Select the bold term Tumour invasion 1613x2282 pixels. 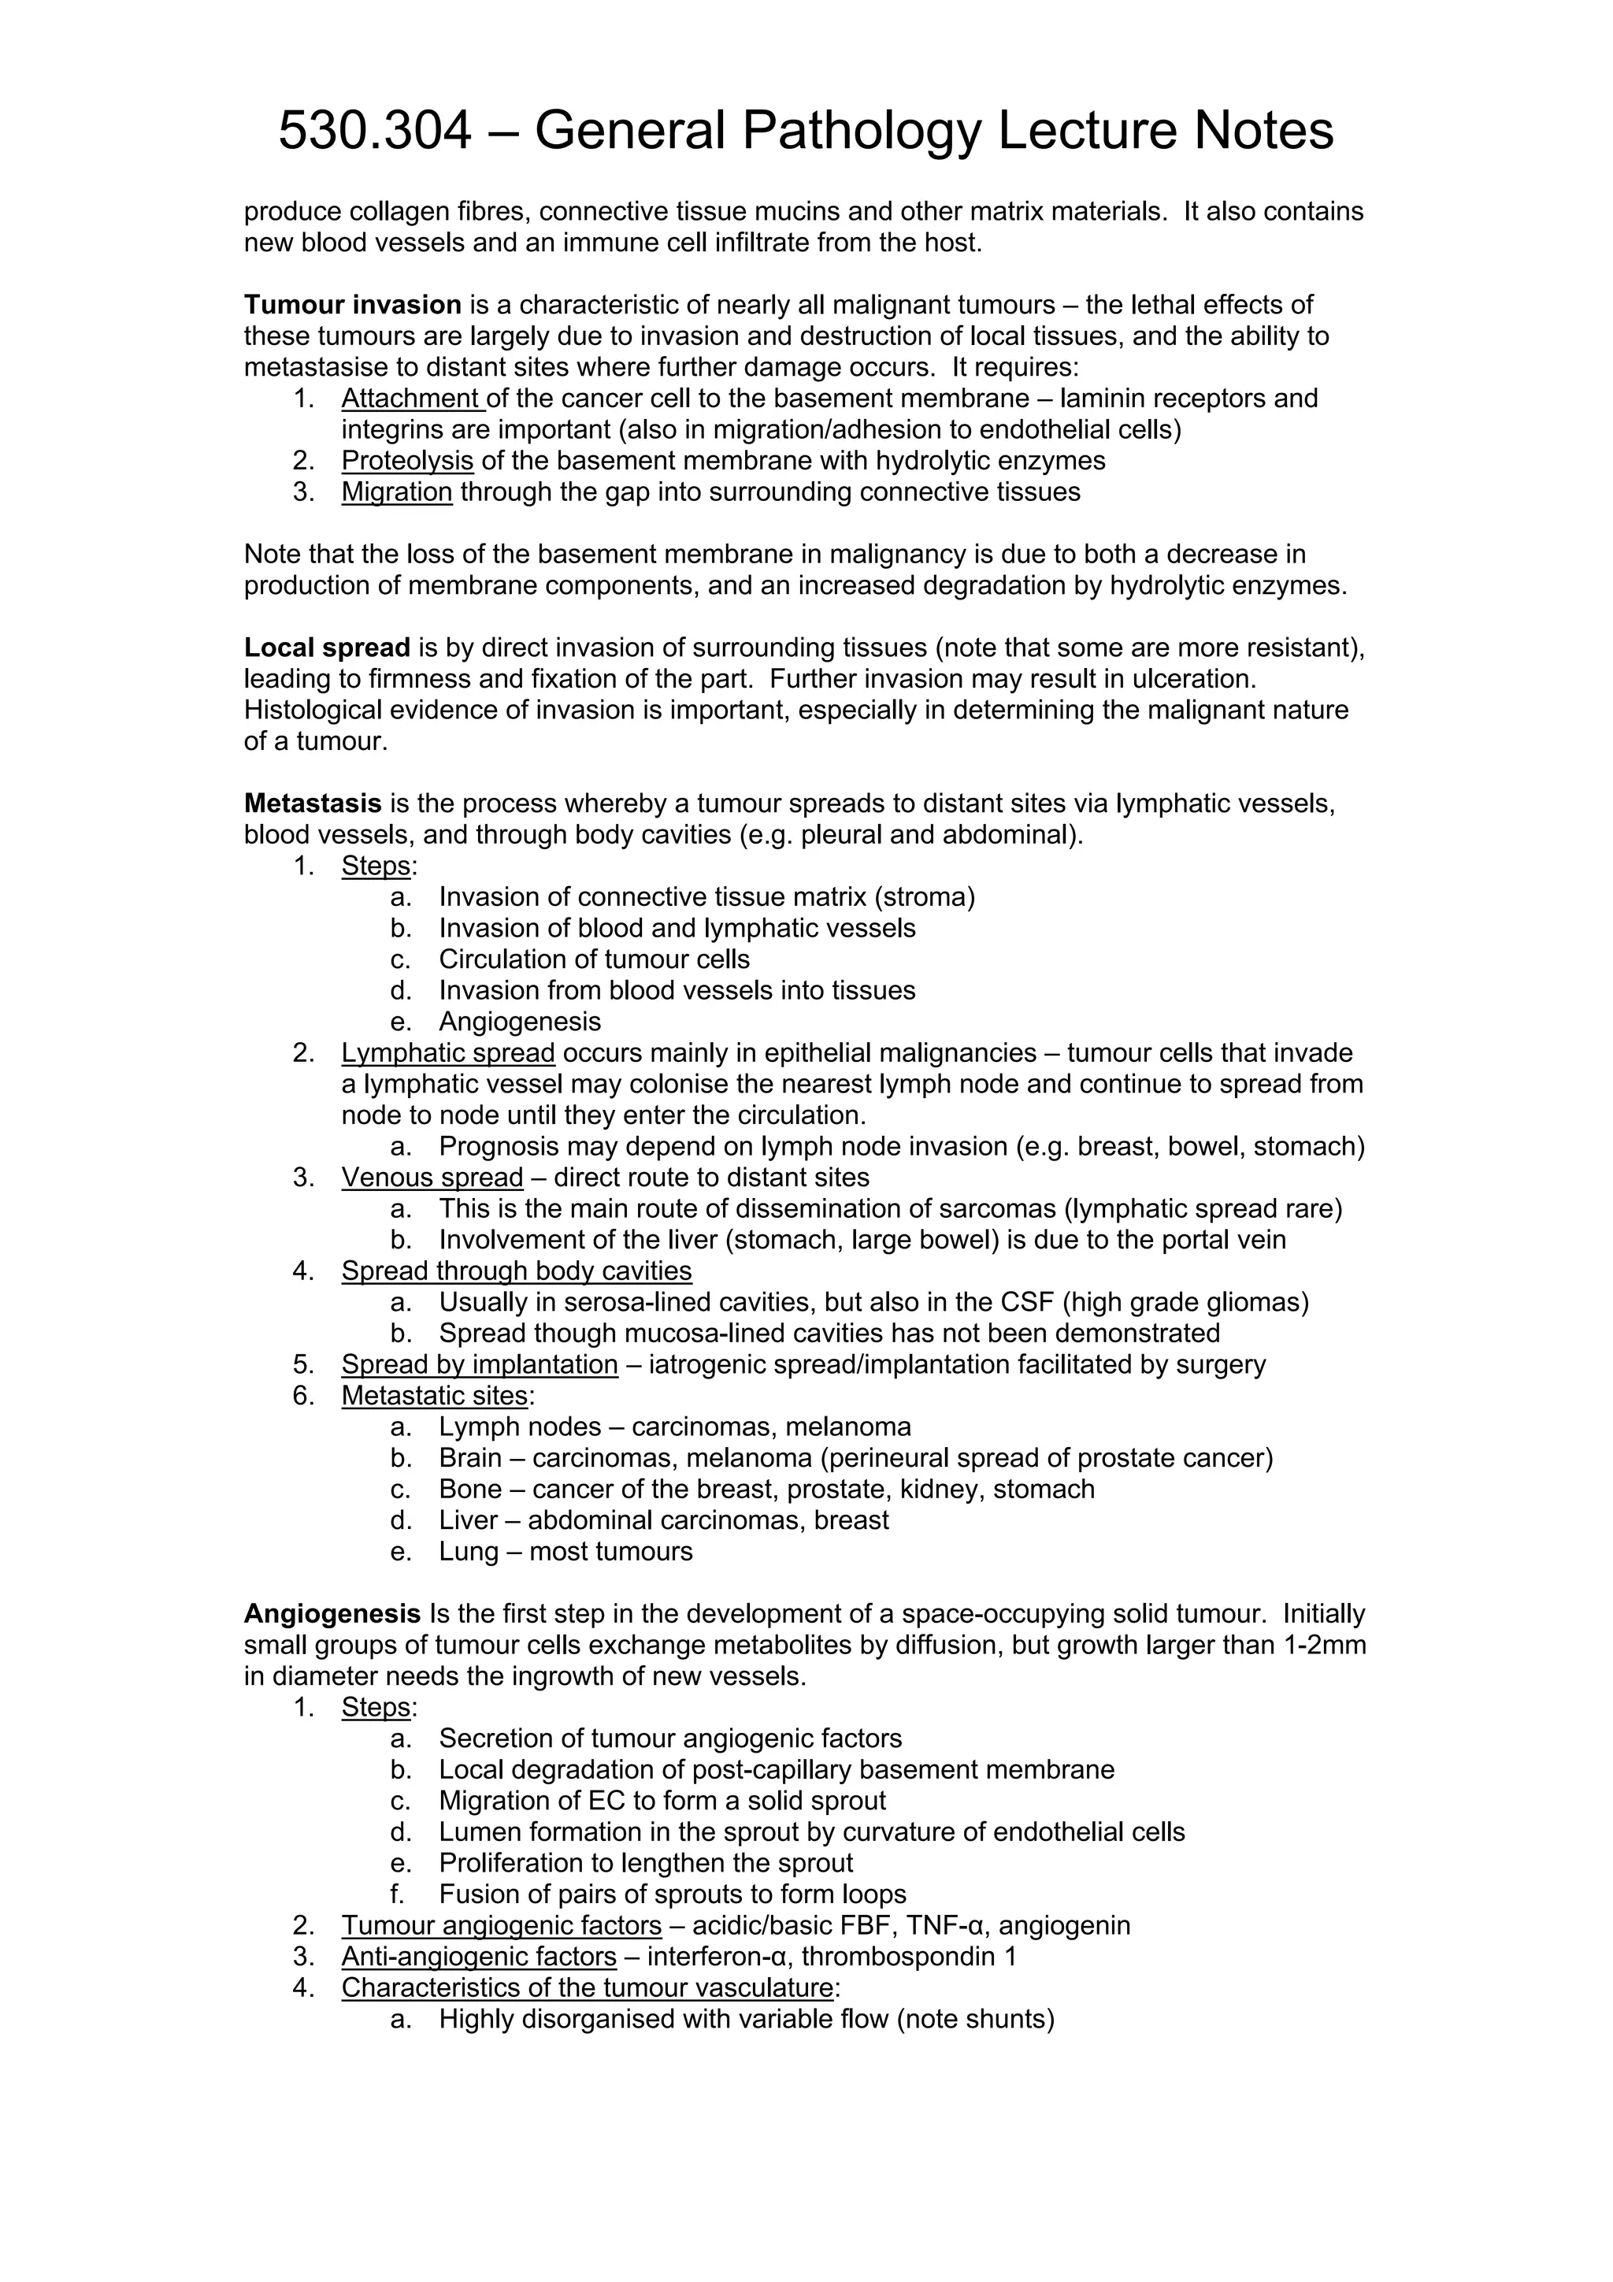(x=353, y=304)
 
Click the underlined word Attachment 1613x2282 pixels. (x=411, y=399)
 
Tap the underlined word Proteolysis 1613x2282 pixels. (x=407, y=461)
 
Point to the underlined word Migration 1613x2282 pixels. (x=396, y=492)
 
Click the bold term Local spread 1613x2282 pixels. (x=327, y=648)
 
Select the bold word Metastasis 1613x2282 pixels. (x=313, y=803)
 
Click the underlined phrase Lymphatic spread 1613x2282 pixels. (x=448, y=1052)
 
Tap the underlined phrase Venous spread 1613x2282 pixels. (x=432, y=1178)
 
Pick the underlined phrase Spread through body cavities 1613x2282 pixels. (x=517, y=1271)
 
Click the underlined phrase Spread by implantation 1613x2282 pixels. (x=479, y=1364)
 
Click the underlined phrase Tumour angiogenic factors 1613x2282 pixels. (x=501, y=1925)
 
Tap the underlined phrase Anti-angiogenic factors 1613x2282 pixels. (x=479, y=1957)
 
